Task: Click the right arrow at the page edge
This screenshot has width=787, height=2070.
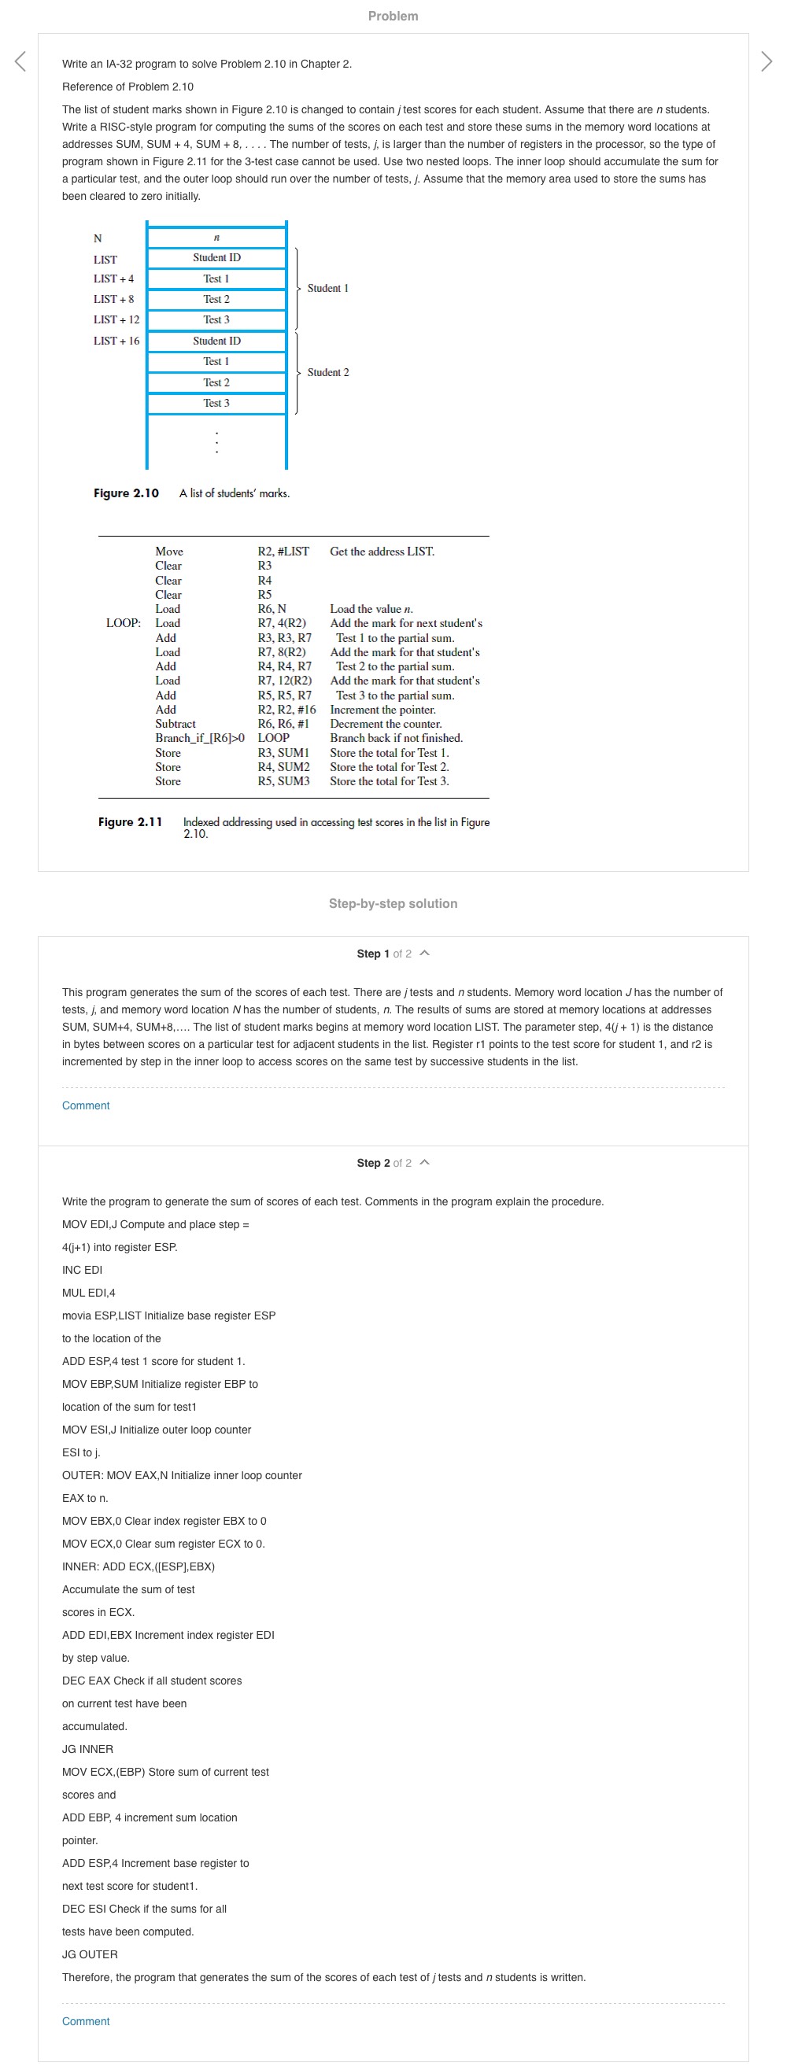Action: click(766, 61)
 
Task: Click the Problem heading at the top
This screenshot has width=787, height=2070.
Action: click(393, 16)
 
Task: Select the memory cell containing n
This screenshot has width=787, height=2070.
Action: click(216, 238)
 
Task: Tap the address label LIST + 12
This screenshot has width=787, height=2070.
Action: click(116, 319)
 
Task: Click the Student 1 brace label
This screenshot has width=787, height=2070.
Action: click(328, 289)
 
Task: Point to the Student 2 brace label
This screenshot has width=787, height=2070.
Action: click(328, 373)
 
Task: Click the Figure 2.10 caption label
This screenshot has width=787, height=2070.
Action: click(126, 493)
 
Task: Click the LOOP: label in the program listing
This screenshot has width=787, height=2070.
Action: click(123, 624)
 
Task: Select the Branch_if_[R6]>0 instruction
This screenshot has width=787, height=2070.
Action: click(200, 739)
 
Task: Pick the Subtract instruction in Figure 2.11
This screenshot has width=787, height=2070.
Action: click(176, 724)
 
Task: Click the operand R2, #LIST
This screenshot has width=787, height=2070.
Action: click(283, 552)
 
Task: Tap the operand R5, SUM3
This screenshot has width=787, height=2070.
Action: click(283, 781)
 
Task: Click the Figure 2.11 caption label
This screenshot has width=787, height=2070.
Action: click(130, 822)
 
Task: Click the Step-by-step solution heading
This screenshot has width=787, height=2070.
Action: click(393, 904)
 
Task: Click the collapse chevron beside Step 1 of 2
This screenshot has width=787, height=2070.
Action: click(425, 954)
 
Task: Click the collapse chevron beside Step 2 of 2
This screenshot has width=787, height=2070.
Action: click(425, 1163)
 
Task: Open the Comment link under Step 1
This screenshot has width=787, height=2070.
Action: click(86, 1105)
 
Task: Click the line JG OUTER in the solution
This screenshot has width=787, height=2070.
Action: click(90, 1954)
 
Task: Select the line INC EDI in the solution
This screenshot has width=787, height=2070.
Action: click(82, 1270)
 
